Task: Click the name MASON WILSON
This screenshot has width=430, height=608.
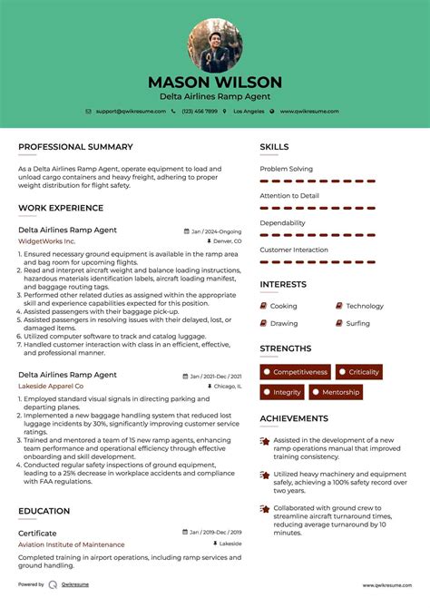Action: tap(215, 83)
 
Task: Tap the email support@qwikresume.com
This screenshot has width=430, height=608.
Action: tap(131, 111)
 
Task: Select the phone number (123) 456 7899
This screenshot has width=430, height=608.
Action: tap(199, 111)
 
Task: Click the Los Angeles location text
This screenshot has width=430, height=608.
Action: tap(249, 111)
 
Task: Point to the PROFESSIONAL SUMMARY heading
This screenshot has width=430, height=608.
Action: tap(75, 147)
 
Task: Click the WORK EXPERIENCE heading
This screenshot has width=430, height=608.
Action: tap(61, 208)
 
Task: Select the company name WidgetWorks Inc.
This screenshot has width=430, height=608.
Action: tap(46, 241)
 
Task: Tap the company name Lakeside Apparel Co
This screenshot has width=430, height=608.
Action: tap(53, 386)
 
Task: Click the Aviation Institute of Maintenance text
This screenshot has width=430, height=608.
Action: tap(72, 544)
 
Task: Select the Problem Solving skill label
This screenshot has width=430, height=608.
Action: tap(286, 169)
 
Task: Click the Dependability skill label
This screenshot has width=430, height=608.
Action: tap(282, 222)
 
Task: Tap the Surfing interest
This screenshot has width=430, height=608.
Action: tap(357, 323)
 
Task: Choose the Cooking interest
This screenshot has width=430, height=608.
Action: tap(283, 306)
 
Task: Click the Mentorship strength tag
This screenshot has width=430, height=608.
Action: tap(342, 392)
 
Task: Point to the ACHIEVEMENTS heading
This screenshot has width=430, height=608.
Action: tap(294, 418)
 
